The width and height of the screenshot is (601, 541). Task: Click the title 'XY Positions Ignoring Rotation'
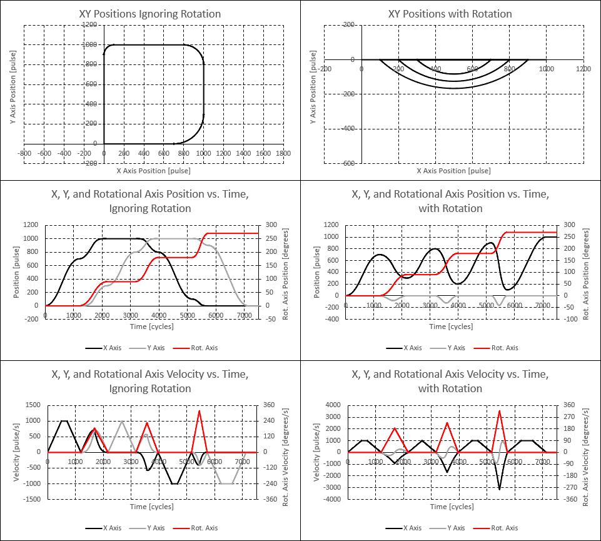click(150, 14)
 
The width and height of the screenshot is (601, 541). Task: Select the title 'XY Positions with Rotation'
click(450, 14)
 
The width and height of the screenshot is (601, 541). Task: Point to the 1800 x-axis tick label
click(283, 153)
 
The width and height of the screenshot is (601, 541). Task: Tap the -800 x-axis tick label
click(24, 153)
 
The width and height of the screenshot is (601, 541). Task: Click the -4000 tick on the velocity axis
click(333, 499)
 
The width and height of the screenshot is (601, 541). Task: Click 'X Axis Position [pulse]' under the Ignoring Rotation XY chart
click(153, 171)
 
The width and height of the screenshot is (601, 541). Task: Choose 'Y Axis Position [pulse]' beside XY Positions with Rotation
click(313, 94)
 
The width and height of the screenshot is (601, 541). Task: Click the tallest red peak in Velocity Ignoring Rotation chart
click(199, 411)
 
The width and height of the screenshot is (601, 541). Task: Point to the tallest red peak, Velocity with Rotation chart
click(499, 411)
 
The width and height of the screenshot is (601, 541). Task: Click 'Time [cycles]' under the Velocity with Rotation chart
click(450, 507)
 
